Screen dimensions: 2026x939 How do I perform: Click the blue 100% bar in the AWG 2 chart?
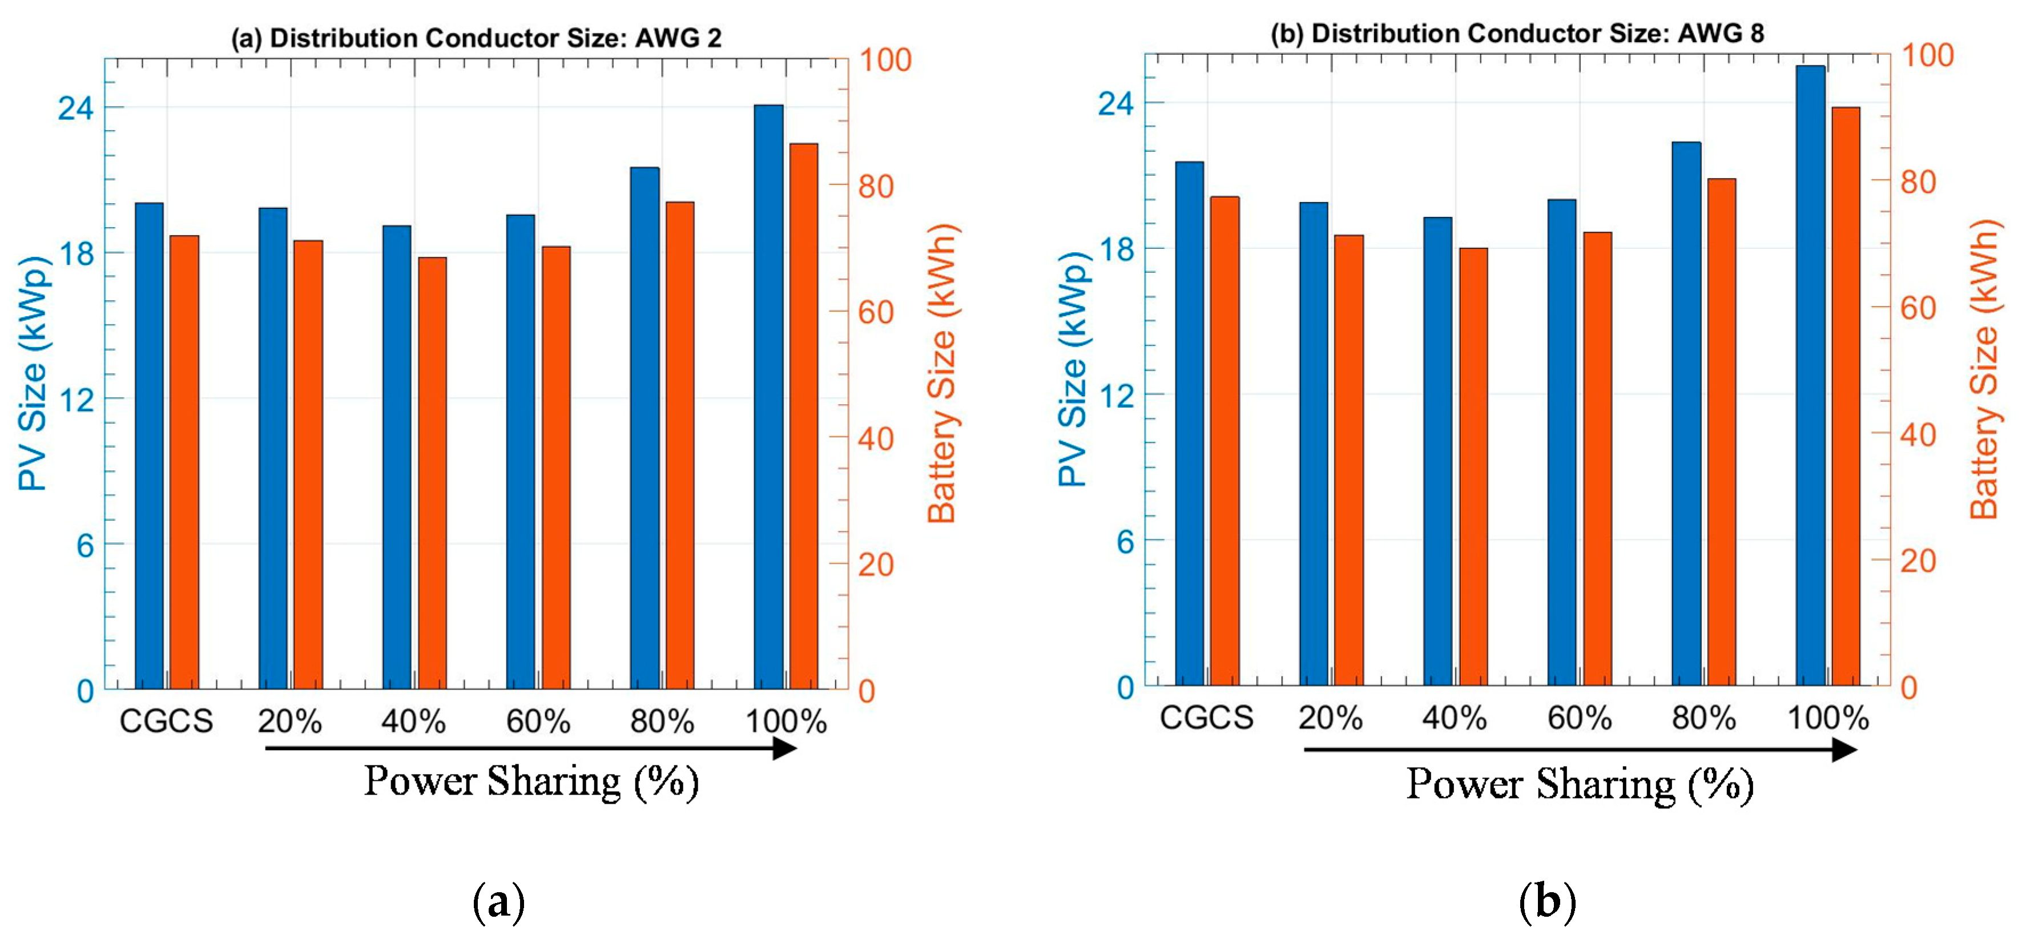[x=768, y=397]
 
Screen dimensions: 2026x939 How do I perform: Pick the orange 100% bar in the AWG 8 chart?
[x=1846, y=396]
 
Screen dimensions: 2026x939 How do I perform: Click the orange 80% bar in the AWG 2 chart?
[x=680, y=446]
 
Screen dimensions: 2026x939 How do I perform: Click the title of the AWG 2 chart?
[x=476, y=38]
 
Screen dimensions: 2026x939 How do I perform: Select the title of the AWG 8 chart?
[x=1517, y=33]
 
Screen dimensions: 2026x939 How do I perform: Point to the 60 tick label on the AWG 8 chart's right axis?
[x=1918, y=308]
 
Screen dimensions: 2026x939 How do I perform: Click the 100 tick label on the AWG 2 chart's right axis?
[x=885, y=60]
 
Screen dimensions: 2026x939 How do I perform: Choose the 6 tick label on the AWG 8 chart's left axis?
[x=1126, y=541]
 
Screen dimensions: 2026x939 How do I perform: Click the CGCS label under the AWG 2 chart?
[x=166, y=721]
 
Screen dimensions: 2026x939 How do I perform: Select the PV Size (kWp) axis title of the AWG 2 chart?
[x=34, y=373]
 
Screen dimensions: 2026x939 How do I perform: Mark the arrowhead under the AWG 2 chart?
[x=785, y=748]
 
